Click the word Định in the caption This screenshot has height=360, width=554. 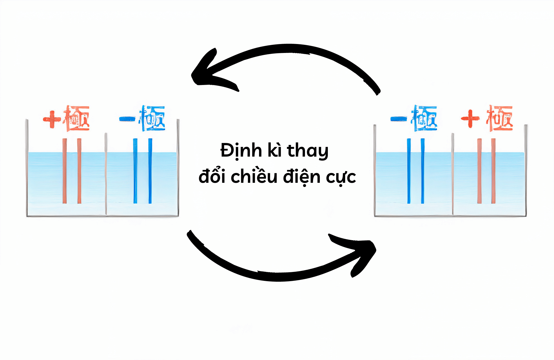click(x=241, y=150)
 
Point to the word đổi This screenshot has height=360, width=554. click(x=212, y=176)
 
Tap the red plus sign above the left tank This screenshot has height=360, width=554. click(x=52, y=119)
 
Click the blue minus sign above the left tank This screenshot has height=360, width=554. click(x=127, y=119)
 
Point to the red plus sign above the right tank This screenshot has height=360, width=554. click(x=470, y=118)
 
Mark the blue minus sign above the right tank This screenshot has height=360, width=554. click(x=399, y=119)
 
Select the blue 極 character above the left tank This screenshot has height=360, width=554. click(x=152, y=118)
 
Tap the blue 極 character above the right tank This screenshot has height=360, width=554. click(x=424, y=118)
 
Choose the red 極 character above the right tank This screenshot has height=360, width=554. click(x=500, y=118)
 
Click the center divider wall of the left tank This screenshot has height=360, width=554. click(x=106, y=174)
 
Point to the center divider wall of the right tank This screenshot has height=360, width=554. click(x=453, y=174)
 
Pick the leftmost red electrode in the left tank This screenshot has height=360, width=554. click(x=65, y=171)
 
